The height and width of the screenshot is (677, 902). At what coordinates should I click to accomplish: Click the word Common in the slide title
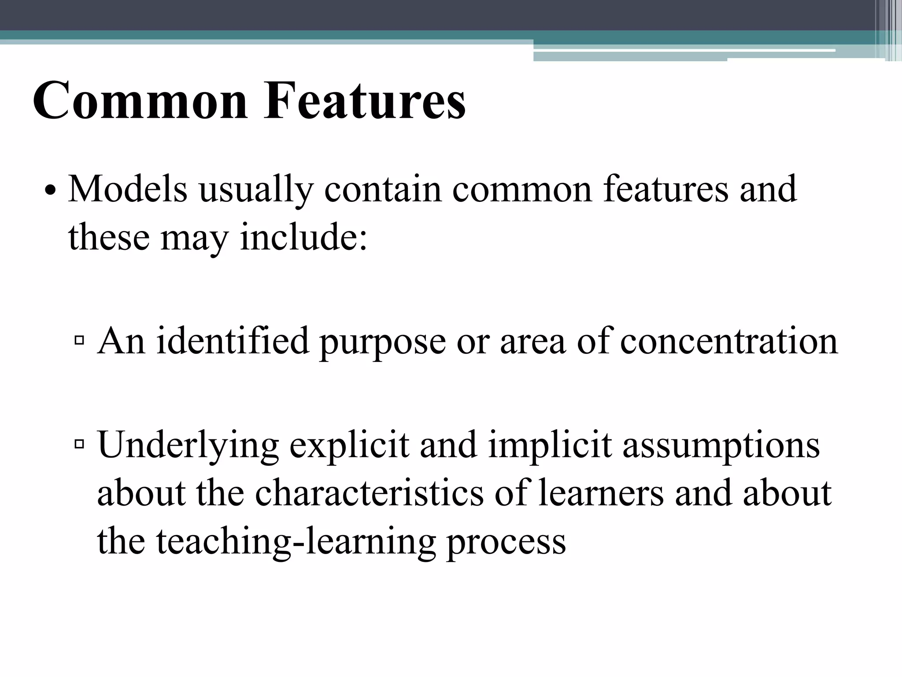coord(140,100)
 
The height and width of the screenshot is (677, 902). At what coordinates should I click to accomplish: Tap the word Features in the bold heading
coord(364,100)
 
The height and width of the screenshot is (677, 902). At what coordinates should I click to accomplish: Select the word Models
coord(128,189)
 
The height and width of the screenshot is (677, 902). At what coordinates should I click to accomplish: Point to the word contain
coord(383,189)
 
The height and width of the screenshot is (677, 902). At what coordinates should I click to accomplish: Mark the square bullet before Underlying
coord(80,444)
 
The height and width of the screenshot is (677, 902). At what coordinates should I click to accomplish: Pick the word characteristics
coord(369,492)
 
